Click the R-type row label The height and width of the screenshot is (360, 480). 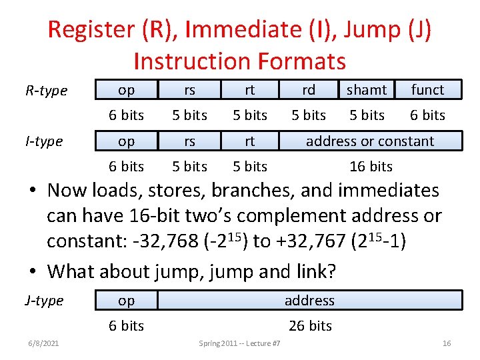tap(46, 90)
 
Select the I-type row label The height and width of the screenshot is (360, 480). tap(44, 141)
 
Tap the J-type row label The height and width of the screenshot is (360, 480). tap(44, 301)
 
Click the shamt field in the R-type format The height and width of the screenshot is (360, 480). tap(367, 89)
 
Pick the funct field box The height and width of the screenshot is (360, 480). tap(427, 89)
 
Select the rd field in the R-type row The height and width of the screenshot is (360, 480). tap(309, 89)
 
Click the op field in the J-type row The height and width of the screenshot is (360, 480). tap(126, 301)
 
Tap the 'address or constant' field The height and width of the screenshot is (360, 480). tap(369, 141)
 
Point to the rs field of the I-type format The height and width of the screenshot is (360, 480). tap(189, 141)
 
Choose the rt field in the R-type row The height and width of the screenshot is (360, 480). tap(250, 89)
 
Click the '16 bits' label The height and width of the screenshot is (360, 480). tap(371, 167)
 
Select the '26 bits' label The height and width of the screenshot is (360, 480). tap(310, 326)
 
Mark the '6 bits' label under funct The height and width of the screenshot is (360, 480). tap(427, 115)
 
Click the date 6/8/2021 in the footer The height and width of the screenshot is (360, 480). tap(43, 343)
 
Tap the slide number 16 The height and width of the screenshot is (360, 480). tap(447, 343)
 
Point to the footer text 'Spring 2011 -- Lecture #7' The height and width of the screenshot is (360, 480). tap(239, 343)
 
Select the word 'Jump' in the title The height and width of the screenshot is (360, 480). tap(369, 30)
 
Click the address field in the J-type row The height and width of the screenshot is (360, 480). tap(309, 301)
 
